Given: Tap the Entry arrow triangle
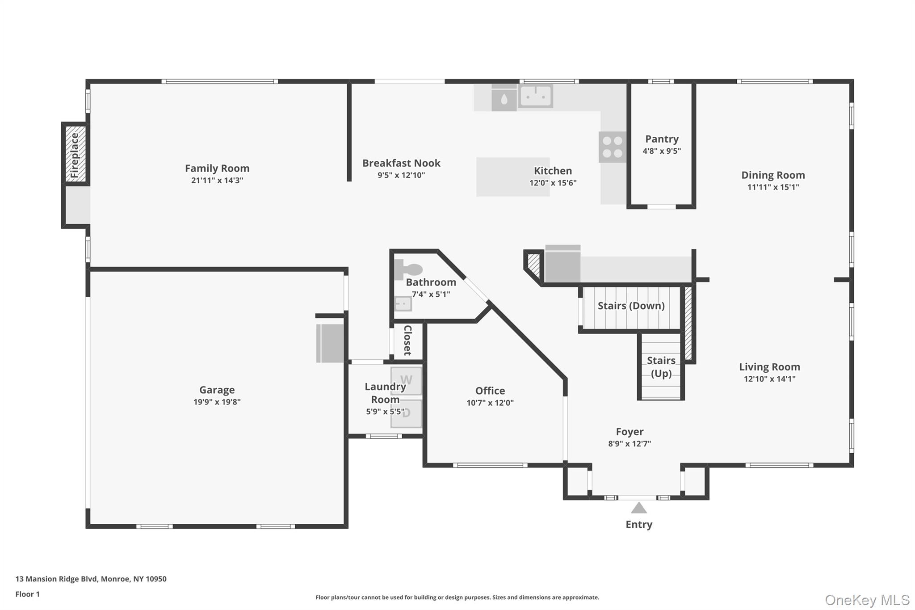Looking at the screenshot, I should [x=638, y=508].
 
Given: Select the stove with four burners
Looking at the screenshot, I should [x=612, y=147].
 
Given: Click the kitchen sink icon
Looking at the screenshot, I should [x=535, y=96].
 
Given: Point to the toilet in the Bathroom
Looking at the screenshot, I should [x=409, y=269].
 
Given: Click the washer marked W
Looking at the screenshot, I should [x=406, y=380].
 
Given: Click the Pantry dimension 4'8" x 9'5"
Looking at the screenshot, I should [x=661, y=151].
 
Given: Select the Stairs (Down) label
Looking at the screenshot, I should [x=631, y=306].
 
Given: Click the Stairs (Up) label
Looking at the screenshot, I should [x=661, y=366].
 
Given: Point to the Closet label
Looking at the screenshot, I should [x=407, y=340].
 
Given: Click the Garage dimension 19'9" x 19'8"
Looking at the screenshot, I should [x=217, y=402].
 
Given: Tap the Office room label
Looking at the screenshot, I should [x=490, y=391].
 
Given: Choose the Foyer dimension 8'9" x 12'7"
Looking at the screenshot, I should [x=629, y=444].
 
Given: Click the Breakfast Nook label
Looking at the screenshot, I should [x=401, y=163].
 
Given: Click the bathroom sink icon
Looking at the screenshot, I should [x=403, y=304].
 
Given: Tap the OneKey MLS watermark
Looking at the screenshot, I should [x=867, y=600].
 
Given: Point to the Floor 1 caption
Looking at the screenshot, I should [x=27, y=594].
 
